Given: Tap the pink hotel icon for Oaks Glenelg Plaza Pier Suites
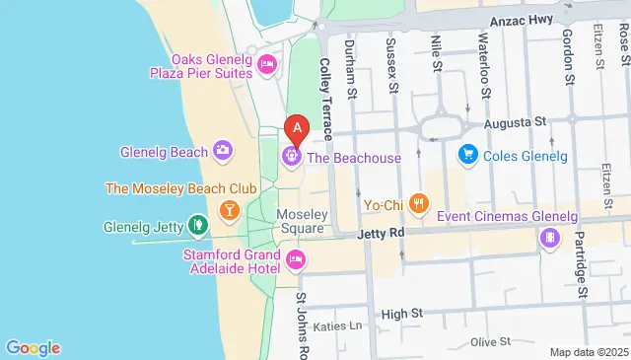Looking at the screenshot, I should [266, 65].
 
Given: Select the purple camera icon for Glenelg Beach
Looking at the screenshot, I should [224, 151].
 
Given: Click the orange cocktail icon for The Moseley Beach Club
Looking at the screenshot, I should [229, 209].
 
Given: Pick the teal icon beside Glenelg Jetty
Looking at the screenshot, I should [198, 226].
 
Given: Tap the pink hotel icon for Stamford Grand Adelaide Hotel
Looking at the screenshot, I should [295, 259].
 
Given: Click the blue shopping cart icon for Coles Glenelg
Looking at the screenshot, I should [468, 155].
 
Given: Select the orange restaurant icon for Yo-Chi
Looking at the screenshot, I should [419, 204].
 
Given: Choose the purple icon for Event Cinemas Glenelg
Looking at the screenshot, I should [548, 238].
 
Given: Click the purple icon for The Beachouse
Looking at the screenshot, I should [291, 156].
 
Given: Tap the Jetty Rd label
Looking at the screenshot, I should [379, 234].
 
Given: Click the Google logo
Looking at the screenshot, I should [33, 347].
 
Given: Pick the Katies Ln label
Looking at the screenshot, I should [338, 325].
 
